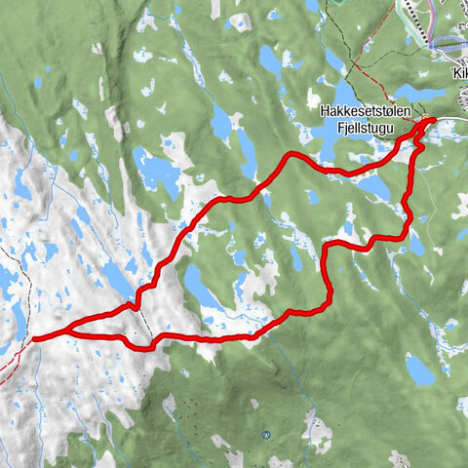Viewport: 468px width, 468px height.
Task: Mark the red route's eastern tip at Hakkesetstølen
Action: tap(432, 122)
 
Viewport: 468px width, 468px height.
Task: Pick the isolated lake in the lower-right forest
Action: tap(419, 369)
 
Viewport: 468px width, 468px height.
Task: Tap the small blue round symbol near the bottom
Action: tap(265, 436)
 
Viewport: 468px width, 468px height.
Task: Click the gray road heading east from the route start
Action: tap(453, 122)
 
